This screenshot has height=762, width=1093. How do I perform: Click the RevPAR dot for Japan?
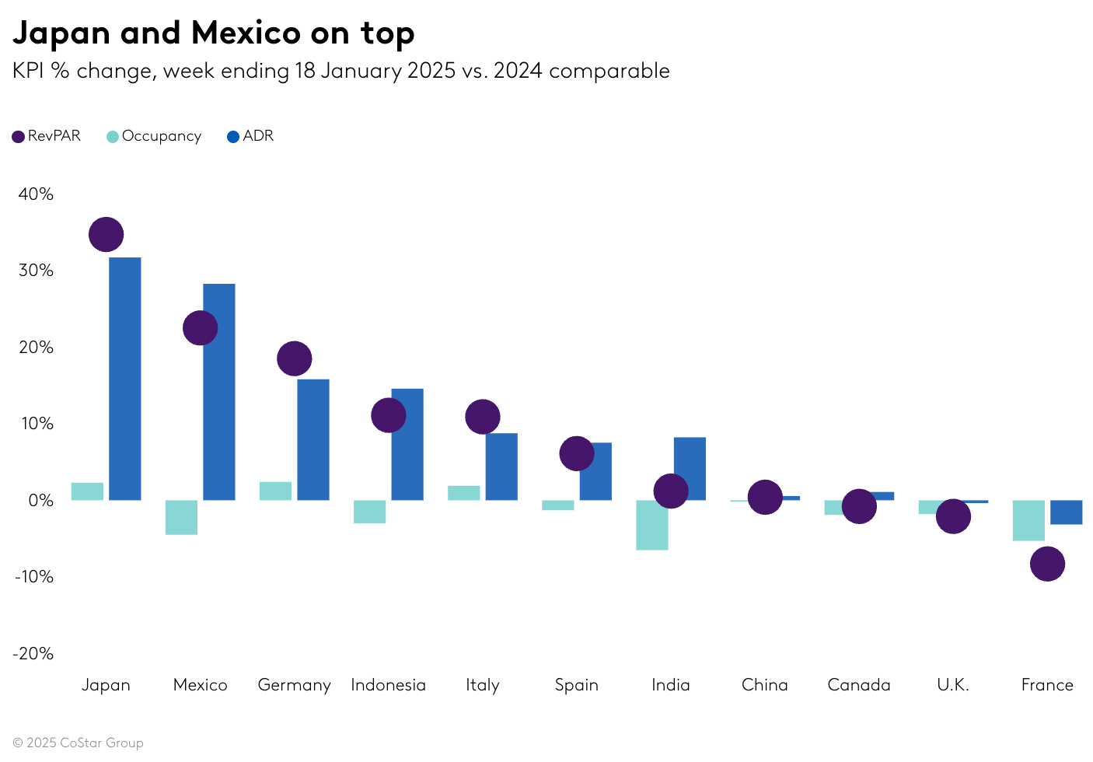tap(106, 234)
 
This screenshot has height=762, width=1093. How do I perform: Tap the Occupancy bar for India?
tap(651, 525)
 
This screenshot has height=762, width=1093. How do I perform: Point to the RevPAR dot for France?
tap(1047, 564)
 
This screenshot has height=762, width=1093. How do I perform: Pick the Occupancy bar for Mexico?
tap(181, 517)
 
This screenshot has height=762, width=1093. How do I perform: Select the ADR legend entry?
tap(250, 136)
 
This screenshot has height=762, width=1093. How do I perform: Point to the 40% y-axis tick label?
tap(36, 194)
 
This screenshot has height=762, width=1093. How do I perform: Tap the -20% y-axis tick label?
tap(33, 653)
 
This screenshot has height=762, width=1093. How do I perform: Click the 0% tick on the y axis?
tap(40, 501)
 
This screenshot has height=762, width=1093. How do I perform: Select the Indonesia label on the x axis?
tap(388, 685)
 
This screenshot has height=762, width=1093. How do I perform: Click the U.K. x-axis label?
tap(952, 685)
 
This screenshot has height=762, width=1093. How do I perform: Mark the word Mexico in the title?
tap(246, 33)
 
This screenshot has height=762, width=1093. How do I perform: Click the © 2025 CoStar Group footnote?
tap(78, 743)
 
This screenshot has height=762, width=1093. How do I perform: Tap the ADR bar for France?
tap(1066, 512)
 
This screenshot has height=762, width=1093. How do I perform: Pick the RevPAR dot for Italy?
tap(482, 417)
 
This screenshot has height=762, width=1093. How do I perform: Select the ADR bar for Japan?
tap(124, 379)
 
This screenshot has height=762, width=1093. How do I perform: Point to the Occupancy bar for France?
tap(1028, 520)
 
